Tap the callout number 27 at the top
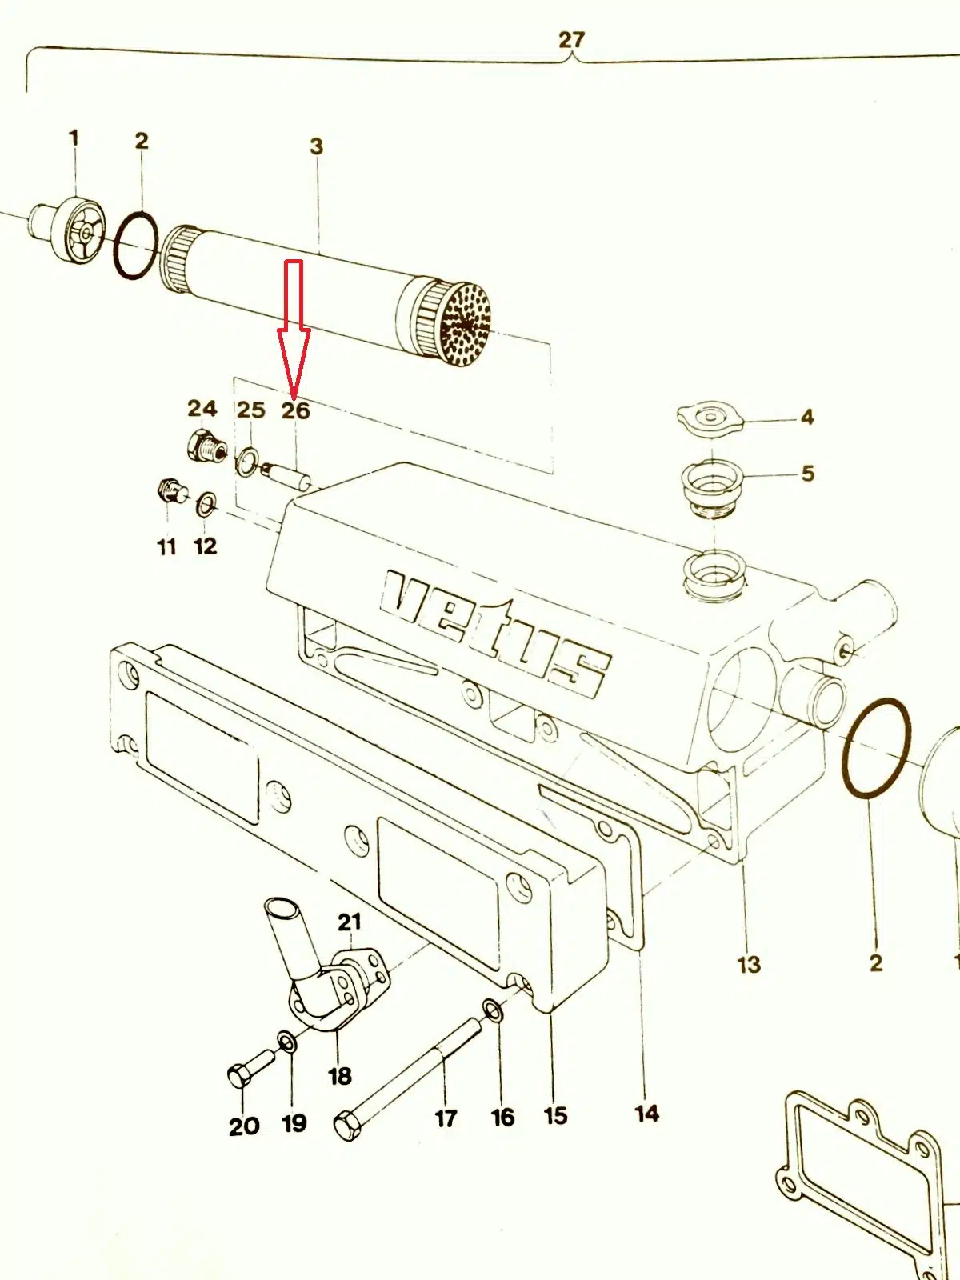571,39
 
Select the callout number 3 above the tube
317,146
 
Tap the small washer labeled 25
246,461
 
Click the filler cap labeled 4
710,418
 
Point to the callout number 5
808,473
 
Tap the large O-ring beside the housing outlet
876,748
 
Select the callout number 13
748,964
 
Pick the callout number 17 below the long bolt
446,1118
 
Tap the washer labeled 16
494,1011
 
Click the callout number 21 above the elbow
350,922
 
